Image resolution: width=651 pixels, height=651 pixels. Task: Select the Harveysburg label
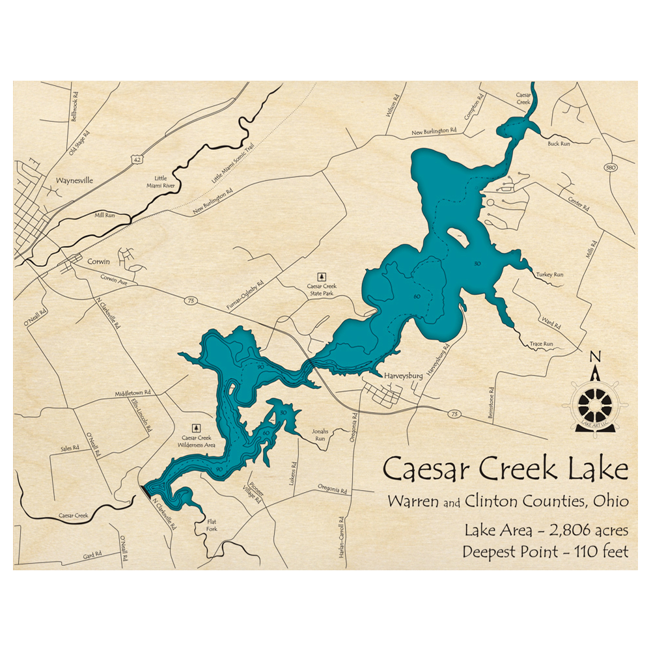coord(404,376)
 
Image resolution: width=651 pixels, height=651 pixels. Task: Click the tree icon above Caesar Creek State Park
coord(320,277)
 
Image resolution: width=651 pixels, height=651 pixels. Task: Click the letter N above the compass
coord(594,356)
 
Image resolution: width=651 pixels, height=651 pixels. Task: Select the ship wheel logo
coord(595,404)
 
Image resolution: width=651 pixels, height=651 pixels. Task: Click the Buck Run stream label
coord(559,143)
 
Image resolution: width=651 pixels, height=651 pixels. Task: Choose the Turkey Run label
coord(549,275)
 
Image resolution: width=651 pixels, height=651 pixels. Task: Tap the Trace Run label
coord(541,344)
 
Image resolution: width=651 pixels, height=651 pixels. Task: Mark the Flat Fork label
coord(211,525)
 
